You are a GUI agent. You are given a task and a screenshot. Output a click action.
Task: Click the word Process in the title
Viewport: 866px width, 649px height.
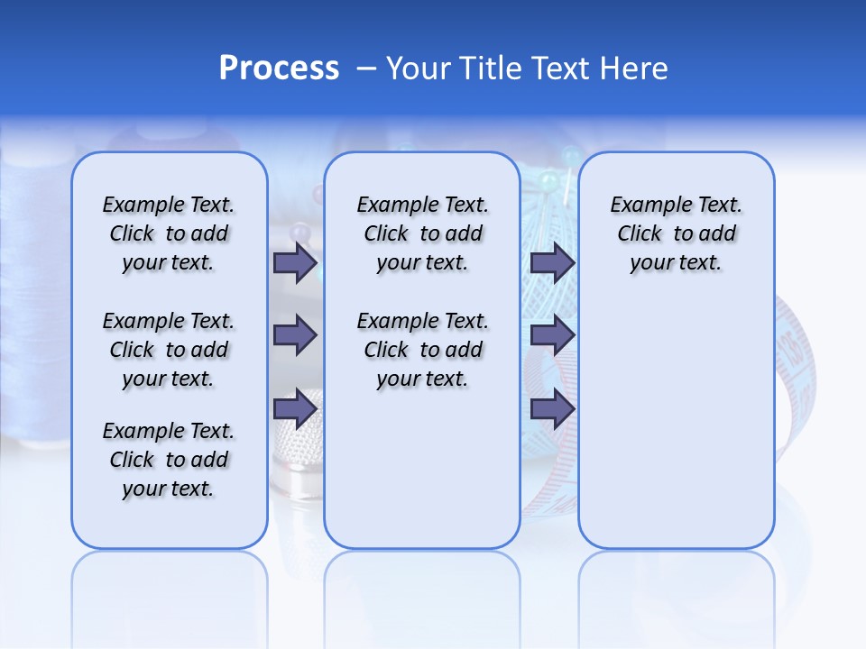tap(279, 69)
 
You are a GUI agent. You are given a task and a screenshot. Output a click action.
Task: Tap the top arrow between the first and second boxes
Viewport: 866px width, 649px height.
tap(295, 263)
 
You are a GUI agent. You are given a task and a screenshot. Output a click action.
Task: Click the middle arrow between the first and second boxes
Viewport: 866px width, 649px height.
tap(295, 335)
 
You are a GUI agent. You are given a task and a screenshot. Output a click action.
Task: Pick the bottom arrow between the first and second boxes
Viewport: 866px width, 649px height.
tap(295, 409)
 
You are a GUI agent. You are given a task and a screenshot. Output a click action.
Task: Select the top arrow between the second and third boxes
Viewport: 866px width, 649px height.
tap(552, 263)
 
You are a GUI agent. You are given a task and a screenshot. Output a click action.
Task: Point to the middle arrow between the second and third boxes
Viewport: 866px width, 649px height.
tap(552, 335)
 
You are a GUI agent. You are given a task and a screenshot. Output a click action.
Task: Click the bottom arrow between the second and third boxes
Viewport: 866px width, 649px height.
tap(552, 409)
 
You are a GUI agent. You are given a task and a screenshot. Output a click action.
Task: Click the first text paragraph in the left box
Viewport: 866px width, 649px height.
tap(169, 233)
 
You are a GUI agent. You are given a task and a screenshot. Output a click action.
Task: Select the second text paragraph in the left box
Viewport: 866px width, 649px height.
tap(169, 350)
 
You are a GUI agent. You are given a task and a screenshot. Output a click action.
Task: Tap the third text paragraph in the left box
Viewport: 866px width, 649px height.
tap(169, 460)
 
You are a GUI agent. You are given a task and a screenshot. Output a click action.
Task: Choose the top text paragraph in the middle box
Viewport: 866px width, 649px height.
tap(422, 233)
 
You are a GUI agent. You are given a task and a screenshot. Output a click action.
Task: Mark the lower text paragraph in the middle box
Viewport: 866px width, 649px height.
tap(422, 350)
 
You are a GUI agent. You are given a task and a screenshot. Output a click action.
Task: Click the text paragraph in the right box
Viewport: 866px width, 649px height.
tap(677, 233)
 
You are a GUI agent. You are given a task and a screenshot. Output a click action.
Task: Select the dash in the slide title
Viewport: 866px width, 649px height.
tap(366, 69)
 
